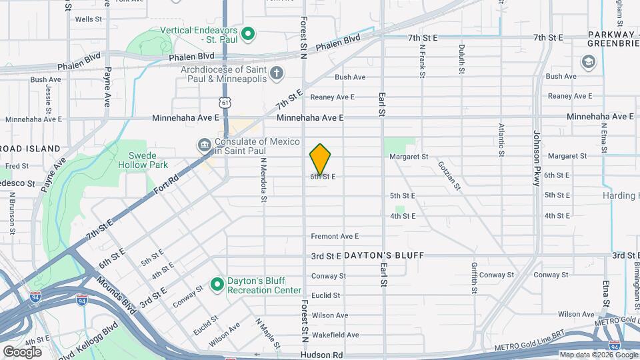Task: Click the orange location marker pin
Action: [320, 159]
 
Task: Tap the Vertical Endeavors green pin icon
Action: [248, 33]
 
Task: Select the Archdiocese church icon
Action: [276, 73]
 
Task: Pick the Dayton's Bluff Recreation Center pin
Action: [217, 285]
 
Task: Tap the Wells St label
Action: [88, 19]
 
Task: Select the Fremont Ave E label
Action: [335, 236]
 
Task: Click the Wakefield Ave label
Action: [335, 335]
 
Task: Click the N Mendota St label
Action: [263, 179]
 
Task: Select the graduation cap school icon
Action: [589, 62]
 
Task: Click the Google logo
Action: [23, 351]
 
